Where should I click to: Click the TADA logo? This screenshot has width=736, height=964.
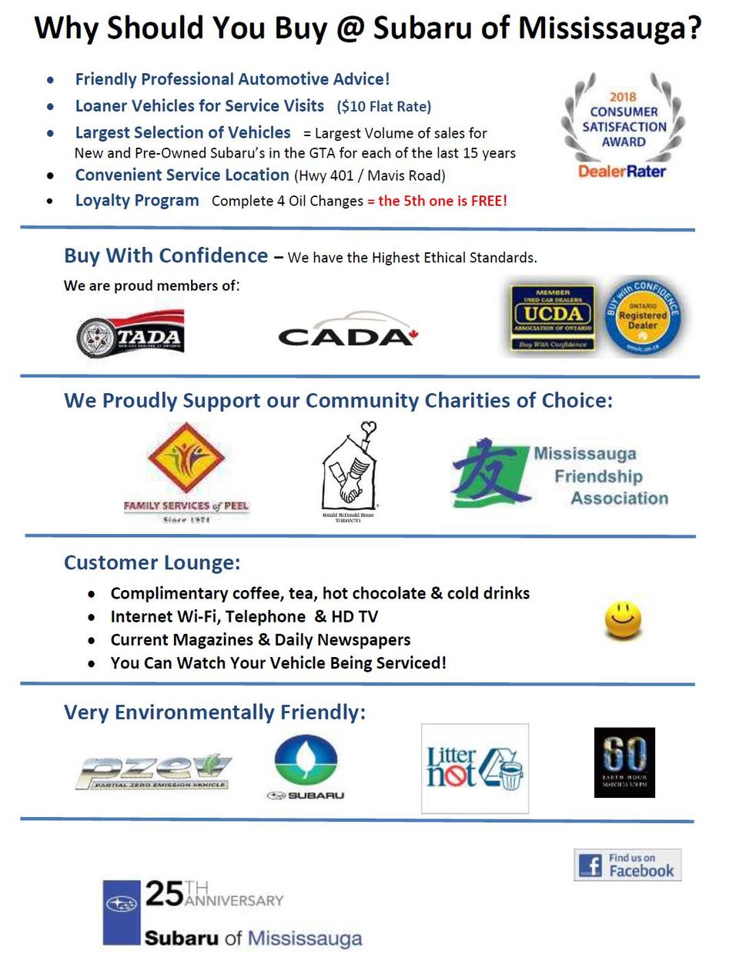[x=131, y=334]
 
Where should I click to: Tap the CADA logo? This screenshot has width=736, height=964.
[x=346, y=332]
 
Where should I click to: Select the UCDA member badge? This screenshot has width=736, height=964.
[x=552, y=317]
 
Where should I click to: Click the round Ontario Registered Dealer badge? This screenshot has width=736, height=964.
[x=642, y=316]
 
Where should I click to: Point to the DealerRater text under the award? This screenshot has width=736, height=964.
[x=622, y=171]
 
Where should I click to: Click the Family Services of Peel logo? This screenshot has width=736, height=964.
[x=186, y=470]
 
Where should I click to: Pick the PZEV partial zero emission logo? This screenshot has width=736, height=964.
[x=154, y=771]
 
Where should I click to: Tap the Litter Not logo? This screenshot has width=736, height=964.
[x=474, y=769]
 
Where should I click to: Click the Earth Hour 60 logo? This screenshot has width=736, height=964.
[x=624, y=762]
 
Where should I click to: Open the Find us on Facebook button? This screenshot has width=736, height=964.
[x=627, y=865]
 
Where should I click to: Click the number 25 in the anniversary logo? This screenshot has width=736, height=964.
[x=164, y=893]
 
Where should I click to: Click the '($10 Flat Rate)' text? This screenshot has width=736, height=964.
[x=383, y=107]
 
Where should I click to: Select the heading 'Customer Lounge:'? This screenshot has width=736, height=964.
[x=152, y=562]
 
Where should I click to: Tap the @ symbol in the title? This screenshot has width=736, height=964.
[x=350, y=28]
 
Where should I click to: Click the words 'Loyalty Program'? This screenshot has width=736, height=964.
[x=137, y=201]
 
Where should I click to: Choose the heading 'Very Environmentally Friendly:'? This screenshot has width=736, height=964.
[x=215, y=712]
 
